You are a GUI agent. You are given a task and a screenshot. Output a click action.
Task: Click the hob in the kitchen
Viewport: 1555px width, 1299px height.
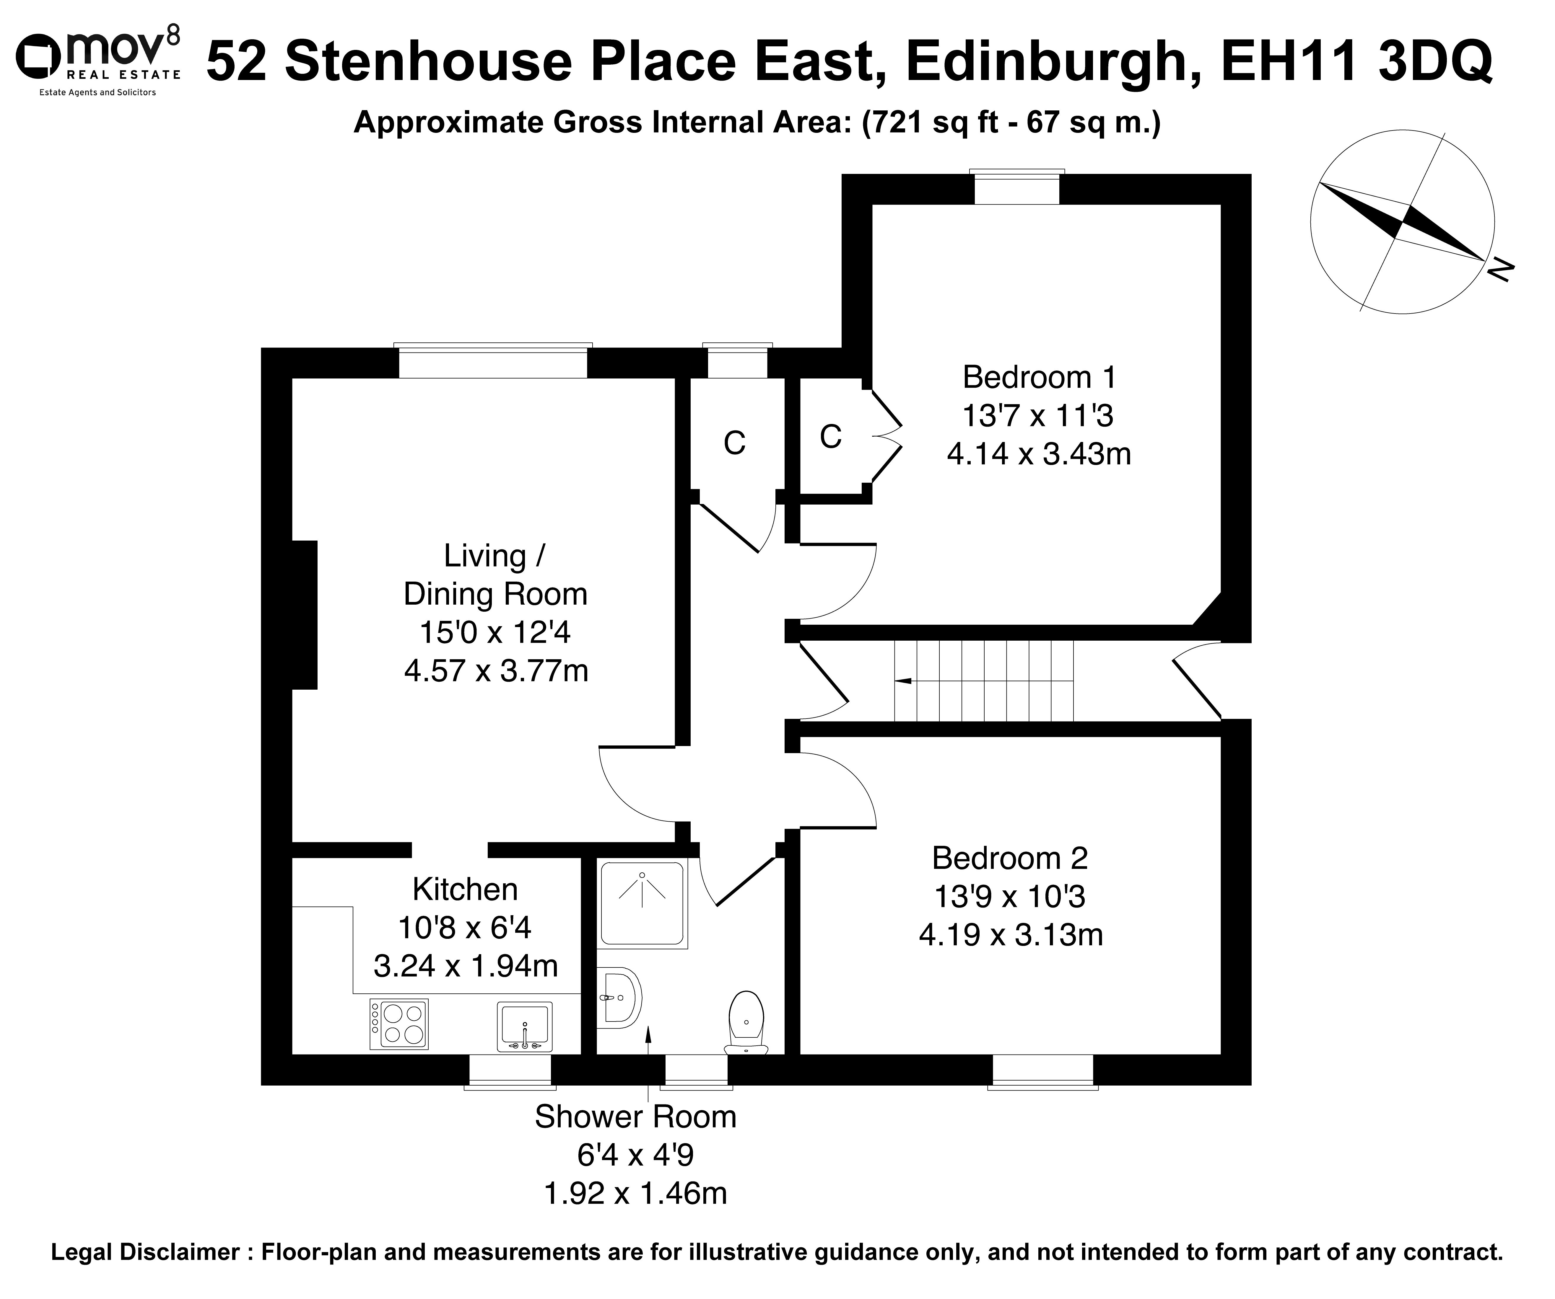(x=399, y=1024)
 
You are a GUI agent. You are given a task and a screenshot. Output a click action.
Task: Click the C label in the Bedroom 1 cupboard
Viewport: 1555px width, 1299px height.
(x=831, y=437)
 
